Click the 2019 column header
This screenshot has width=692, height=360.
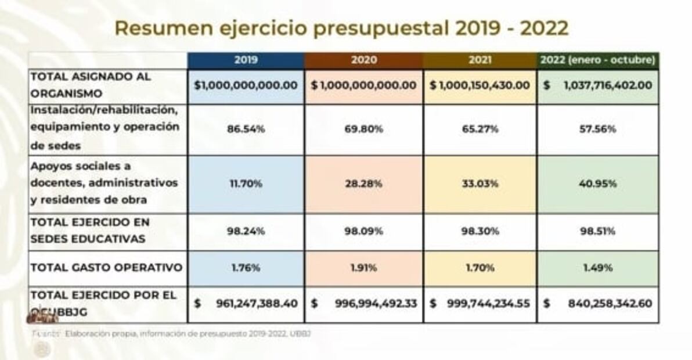coord(246,60)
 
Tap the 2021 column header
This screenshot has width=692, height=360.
coord(480,60)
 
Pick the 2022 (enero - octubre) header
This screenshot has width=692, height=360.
coord(598,60)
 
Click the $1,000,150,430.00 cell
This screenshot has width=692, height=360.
coord(480,85)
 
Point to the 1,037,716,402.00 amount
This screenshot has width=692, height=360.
coord(607,85)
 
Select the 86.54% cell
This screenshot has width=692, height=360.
coord(246,129)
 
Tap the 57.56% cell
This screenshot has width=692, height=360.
coord(598,129)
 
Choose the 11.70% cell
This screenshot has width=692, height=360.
coord(246,184)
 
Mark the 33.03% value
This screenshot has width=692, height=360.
coord(480,184)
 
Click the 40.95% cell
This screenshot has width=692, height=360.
coord(598,184)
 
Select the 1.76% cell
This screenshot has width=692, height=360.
coord(246,268)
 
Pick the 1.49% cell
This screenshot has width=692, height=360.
coord(598,268)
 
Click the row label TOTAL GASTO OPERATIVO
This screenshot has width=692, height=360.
coord(106,268)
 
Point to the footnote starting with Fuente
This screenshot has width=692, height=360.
coord(174,334)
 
